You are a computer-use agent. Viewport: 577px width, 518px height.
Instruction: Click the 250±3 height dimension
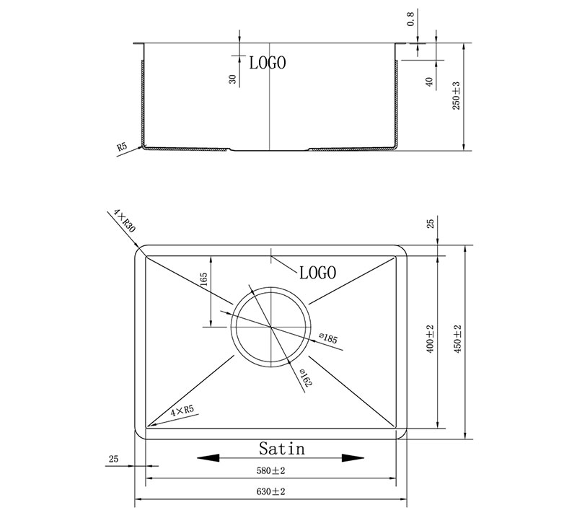(x=456, y=95)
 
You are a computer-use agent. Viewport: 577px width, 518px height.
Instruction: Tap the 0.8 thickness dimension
(x=410, y=19)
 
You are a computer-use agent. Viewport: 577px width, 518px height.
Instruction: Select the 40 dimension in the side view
(x=428, y=82)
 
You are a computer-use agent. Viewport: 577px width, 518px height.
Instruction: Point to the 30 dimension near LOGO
(x=232, y=79)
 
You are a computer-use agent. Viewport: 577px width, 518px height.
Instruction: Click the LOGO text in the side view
(x=268, y=63)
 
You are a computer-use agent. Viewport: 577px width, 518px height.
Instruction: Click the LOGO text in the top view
(x=317, y=273)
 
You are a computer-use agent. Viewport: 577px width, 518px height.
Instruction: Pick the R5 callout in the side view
(x=122, y=147)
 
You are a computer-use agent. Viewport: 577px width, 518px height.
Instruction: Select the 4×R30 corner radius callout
(x=124, y=221)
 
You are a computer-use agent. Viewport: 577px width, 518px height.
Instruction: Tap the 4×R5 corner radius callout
(x=182, y=411)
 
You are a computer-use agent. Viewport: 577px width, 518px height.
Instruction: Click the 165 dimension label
(x=204, y=279)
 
